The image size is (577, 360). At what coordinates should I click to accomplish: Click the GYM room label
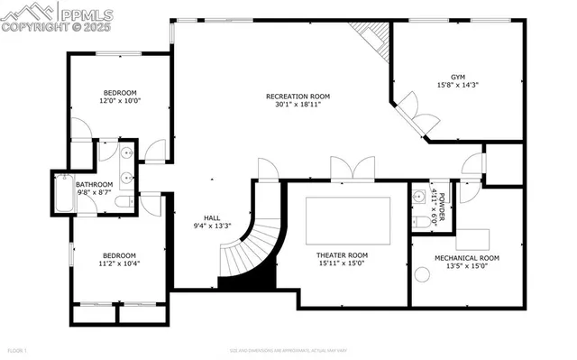pyautogui.click(x=456, y=77)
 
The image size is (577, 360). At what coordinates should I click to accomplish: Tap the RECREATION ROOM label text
pyautogui.click(x=298, y=96)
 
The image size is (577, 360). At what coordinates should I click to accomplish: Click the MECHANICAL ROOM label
pyautogui.click(x=466, y=257)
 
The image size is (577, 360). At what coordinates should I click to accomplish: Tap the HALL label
pyautogui.click(x=212, y=217)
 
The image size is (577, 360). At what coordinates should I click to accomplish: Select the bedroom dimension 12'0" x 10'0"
pyautogui.click(x=120, y=101)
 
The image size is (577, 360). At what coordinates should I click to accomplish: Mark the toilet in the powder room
pyautogui.click(x=420, y=221)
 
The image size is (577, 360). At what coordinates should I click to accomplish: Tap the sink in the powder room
pyautogui.click(x=418, y=195)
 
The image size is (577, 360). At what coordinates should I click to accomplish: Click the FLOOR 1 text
pyautogui.click(x=18, y=350)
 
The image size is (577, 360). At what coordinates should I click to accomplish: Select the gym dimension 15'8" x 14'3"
pyautogui.click(x=456, y=86)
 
